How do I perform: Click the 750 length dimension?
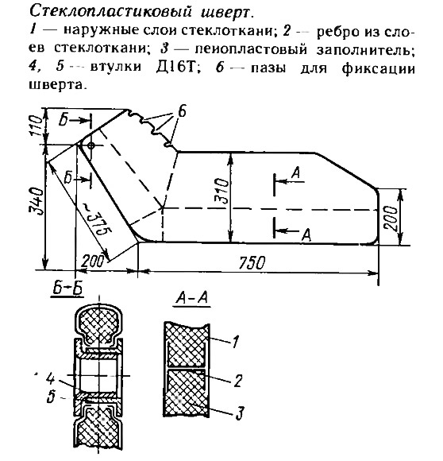coord(252,262)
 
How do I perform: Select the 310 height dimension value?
coord(221,191)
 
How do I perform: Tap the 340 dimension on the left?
coord(37,202)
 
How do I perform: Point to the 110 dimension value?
coord(36,126)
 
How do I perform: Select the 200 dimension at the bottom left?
coord(93,261)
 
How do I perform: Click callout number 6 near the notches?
coord(182,112)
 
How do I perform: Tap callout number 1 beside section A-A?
coord(235,342)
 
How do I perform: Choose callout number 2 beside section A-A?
coord(237,380)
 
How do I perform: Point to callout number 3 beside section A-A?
coord(240,413)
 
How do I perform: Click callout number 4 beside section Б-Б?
coord(51,378)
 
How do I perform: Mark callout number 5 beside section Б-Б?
coord(52,397)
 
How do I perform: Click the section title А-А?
coord(192,298)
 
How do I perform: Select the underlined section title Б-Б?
coord(67,289)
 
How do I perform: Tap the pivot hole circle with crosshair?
coord(91,145)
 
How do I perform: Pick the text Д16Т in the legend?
coord(176,68)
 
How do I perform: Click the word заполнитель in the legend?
coord(365,50)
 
